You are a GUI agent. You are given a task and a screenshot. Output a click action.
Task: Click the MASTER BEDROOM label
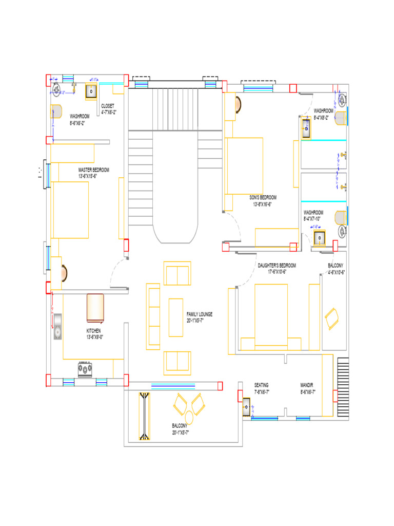pos(94,170)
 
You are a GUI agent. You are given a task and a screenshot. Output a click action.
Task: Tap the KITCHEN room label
pos(93,331)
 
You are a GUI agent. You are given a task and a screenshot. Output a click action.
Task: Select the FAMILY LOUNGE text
pos(200,314)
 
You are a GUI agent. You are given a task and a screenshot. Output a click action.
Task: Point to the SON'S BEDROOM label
pos(263,197)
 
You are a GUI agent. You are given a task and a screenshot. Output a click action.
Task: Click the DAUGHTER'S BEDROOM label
pos(277,265)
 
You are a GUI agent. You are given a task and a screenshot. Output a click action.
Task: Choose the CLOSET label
pos(108,106)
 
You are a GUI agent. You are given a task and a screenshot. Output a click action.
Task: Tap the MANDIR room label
pos(307,385)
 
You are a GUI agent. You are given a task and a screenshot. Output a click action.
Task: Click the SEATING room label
pos(261,385)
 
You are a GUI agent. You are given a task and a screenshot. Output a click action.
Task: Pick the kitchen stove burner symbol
pos(85,368)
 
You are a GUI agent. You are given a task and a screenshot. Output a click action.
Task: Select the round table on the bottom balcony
pos(189,416)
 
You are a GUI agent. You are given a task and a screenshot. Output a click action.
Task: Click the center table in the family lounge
pos(176,317)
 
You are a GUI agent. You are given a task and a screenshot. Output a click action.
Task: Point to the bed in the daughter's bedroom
pos(271,314)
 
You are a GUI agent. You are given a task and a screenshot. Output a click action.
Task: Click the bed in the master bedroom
pos(70,210)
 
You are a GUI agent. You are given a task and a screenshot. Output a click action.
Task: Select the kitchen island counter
pos(95,307)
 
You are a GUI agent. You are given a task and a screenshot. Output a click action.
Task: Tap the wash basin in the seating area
pos(247,409)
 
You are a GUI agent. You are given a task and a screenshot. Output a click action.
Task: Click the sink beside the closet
pos(91,91)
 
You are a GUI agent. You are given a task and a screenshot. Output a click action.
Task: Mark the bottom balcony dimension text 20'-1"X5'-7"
pos(181,433)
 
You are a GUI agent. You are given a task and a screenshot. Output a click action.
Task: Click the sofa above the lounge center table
pos(177,273)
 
